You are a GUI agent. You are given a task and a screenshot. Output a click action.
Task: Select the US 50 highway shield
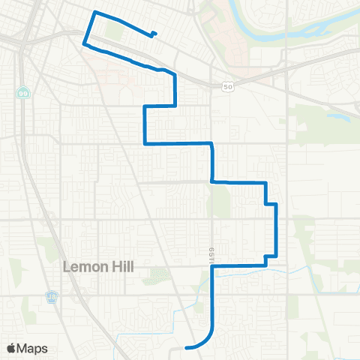click(226, 87)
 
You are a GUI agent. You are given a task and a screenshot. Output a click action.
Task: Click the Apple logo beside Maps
click(12, 348)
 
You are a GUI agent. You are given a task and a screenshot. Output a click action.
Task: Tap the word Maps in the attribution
click(33, 348)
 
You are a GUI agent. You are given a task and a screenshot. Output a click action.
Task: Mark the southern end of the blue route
click(185, 347)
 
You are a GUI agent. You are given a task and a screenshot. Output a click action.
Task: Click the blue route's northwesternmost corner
click(94, 13)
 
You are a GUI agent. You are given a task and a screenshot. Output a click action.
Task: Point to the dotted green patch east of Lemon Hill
click(157, 275)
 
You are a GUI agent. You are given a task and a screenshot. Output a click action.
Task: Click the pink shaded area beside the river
click(225, 22)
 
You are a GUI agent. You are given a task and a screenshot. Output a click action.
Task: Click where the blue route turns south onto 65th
click(213, 143)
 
